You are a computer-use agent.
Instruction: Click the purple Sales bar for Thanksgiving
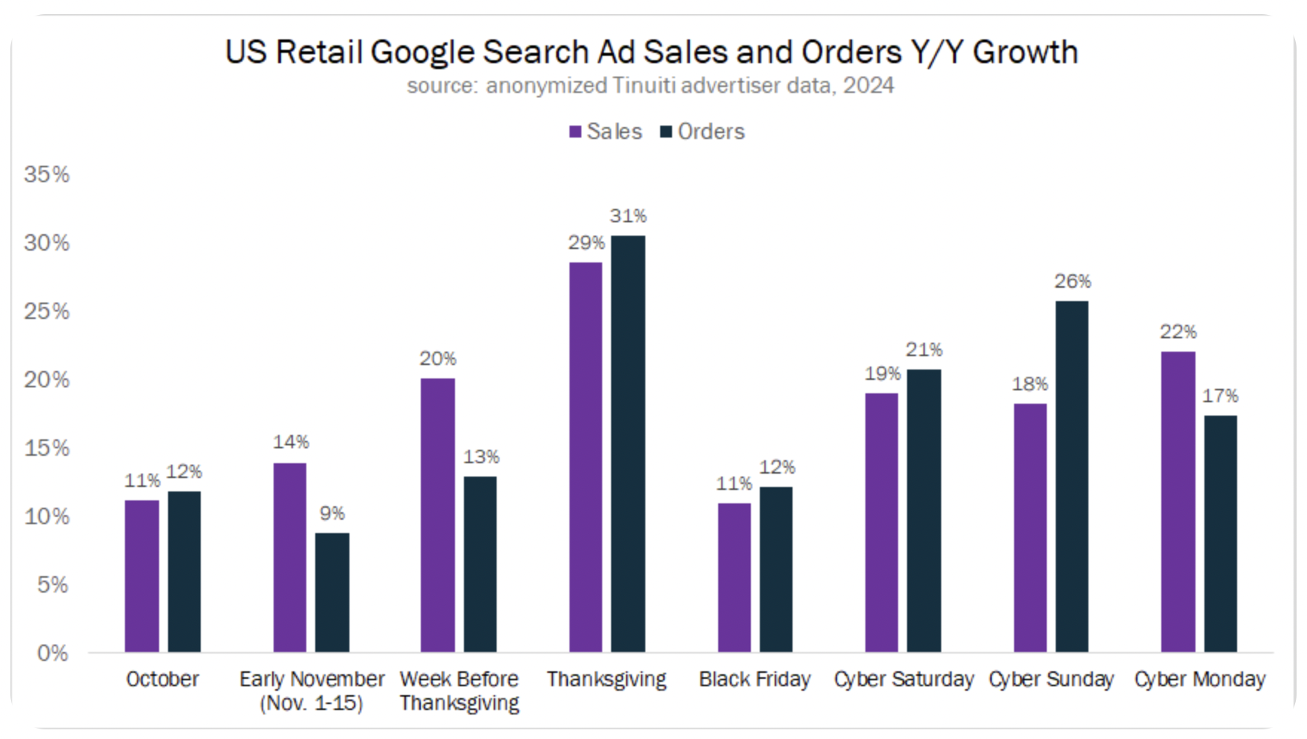[x=585, y=457]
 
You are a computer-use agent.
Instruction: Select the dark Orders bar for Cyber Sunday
[x=1071, y=477]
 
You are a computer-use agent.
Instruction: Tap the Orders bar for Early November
[x=332, y=593]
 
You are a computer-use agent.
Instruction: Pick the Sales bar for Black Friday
[x=734, y=578]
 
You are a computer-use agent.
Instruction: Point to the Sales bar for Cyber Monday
[x=1178, y=502]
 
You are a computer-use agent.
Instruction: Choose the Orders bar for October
[x=184, y=572]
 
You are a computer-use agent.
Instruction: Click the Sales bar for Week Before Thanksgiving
[x=437, y=515]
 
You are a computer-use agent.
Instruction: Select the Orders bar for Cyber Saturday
[x=923, y=511]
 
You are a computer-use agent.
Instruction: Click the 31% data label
[x=628, y=216]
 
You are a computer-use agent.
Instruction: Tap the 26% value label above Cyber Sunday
[x=1072, y=282]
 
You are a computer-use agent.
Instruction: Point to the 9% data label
[x=332, y=514]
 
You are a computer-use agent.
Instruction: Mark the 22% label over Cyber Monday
[x=1178, y=332]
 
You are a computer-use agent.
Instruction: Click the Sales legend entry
[x=605, y=132]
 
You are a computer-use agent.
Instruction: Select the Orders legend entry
[x=703, y=132]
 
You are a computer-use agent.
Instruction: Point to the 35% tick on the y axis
[x=47, y=175]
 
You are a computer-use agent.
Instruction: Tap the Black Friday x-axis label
[x=754, y=680]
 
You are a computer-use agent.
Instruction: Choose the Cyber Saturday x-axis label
[x=903, y=680]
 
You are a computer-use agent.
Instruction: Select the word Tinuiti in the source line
[x=643, y=86]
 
